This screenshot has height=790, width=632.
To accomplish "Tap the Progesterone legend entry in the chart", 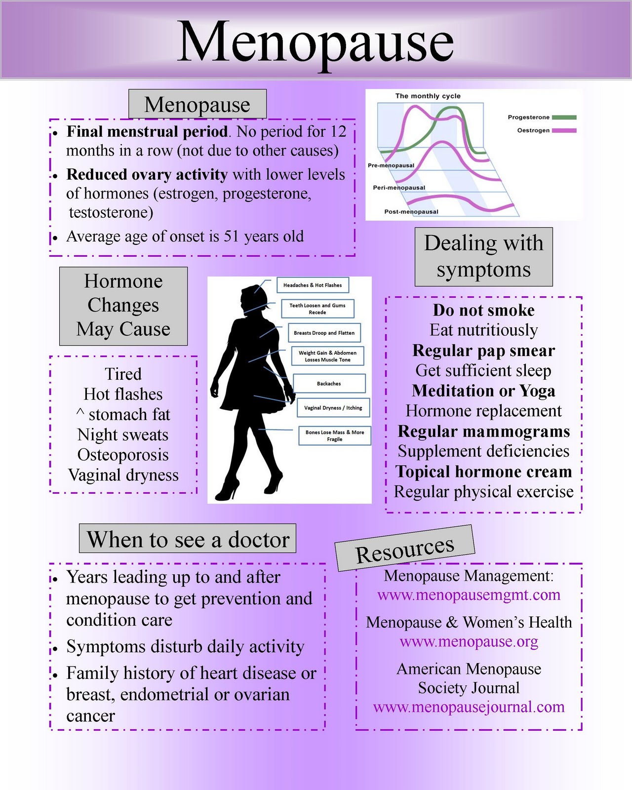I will click(x=541, y=118).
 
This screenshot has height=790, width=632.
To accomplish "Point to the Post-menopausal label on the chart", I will click(x=411, y=212).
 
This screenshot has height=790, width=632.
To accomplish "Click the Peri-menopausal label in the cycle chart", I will click(x=399, y=188).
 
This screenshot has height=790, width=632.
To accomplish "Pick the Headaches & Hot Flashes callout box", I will click(x=312, y=285).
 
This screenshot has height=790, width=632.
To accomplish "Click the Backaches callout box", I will click(x=329, y=383).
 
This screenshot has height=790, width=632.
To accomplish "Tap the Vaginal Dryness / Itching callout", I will click(x=333, y=408).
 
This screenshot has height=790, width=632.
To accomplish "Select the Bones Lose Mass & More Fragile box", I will click(x=334, y=435).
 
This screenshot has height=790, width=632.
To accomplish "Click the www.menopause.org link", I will click(x=469, y=641).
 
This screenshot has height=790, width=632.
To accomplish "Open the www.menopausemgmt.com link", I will click(x=469, y=595).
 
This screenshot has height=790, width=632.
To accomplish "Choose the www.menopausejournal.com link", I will click(x=469, y=707).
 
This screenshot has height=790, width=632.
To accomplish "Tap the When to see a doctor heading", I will click(x=188, y=539).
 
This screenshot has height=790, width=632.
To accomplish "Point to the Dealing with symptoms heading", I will click(x=483, y=257).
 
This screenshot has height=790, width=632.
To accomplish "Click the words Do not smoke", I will click(x=483, y=310).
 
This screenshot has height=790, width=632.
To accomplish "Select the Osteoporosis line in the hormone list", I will click(x=123, y=455).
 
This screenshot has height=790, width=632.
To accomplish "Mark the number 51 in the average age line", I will click(x=232, y=237).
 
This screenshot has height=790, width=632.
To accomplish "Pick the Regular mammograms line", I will click(x=483, y=431).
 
